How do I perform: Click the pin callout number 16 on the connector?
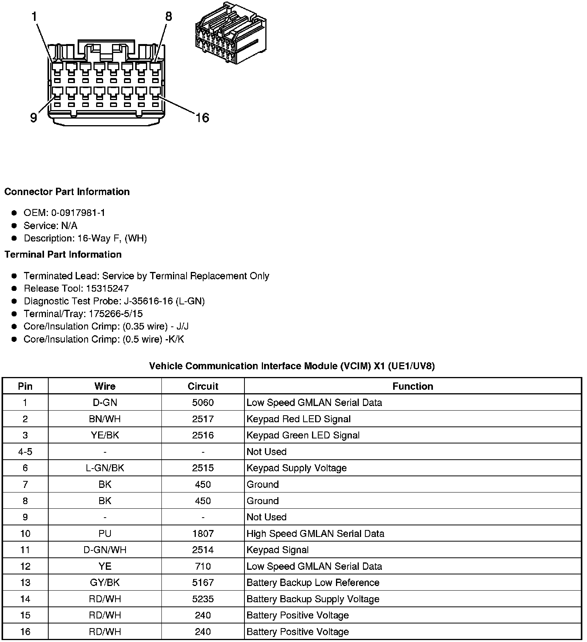click(x=202, y=117)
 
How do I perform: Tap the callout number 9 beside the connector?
click(x=34, y=117)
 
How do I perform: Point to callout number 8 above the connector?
click(x=168, y=17)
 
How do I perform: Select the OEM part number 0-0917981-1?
click(x=78, y=213)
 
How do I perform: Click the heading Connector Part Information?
click(x=67, y=192)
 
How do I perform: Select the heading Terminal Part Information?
click(x=63, y=255)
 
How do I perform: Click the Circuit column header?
click(x=203, y=386)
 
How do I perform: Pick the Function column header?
click(x=412, y=386)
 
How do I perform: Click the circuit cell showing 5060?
click(x=203, y=403)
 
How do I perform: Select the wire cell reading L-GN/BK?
click(x=105, y=468)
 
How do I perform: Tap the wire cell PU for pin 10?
click(x=105, y=534)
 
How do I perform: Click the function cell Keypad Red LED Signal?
click(x=299, y=419)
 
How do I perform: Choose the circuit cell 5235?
click(x=203, y=599)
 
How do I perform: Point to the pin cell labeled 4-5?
click(x=25, y=452)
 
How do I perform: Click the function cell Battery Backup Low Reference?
click(x=313, y=583)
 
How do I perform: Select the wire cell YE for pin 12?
click(x=105, y=566)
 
